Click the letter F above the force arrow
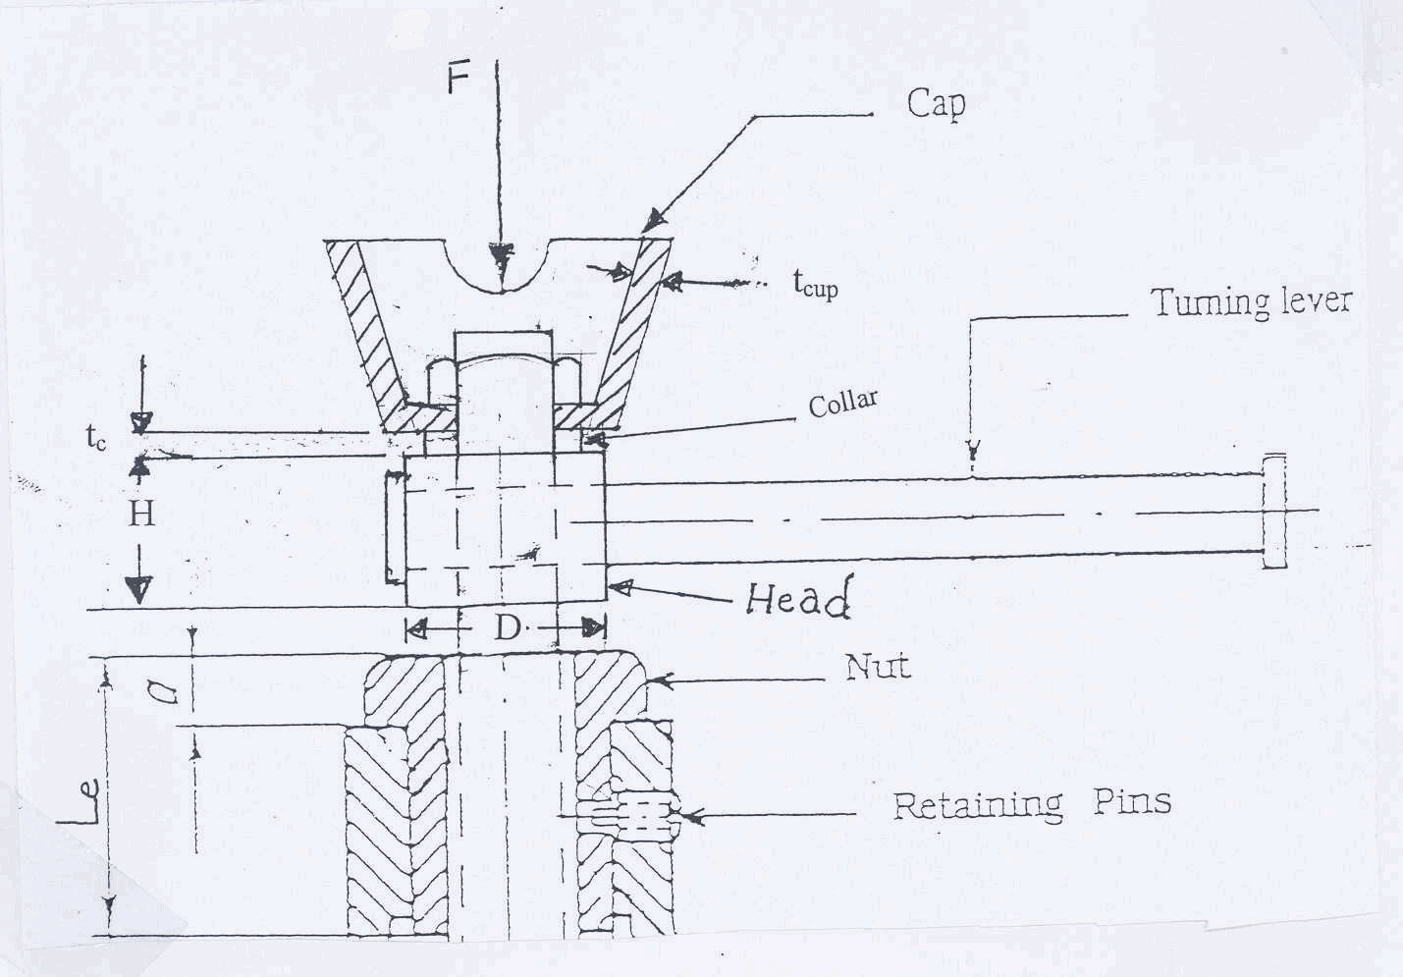pos(459,79)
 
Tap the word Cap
pos(936,104)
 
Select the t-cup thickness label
pos(815,285)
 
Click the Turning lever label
pos(1252,302)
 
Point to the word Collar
pos(842,403)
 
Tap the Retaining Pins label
pos(1032,803)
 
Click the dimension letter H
pos(141,515)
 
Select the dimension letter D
pos(507,628)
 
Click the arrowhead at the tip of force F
pos(501,258)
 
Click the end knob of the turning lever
pos(1274,512)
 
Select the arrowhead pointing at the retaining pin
pos(693,816)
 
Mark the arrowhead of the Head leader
pos(621,588)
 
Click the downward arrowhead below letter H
pos(139,589)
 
